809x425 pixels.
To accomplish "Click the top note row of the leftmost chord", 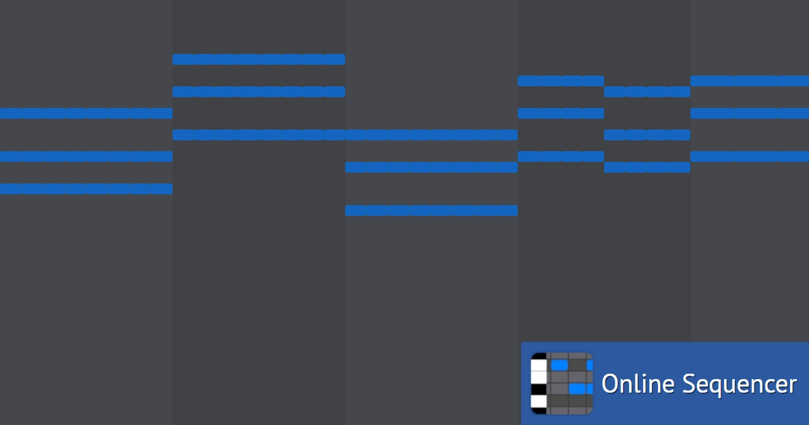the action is coord(86,113).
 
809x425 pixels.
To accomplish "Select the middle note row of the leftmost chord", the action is coord(86,157).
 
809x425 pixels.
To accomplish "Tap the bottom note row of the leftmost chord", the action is coord(86,189).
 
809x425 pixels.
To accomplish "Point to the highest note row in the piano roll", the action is coord(259,59).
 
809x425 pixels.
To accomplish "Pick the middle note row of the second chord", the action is coord(259,92).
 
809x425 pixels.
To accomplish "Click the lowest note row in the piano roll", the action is coord(431,210).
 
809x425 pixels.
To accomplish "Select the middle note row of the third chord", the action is coord(431,167).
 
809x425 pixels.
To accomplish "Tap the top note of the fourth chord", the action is coord(561,81).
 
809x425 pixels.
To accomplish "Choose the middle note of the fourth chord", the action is coord(561,113).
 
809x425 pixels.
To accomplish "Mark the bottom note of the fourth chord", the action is coord(561,157).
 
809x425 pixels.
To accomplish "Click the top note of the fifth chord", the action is coord(647,92).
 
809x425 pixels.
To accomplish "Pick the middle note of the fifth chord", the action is coord(647,135).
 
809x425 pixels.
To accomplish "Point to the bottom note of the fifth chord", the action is coord(647,167).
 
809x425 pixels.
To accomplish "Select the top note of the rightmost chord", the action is coord(750,81).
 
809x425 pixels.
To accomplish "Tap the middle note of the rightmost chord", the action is coord(750,113).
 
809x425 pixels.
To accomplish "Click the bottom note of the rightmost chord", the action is coord(750,157).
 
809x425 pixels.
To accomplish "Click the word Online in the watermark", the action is coord(638,383).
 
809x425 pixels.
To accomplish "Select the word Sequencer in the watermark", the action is coord(740,385).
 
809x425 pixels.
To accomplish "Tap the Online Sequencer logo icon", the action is coord(562,383).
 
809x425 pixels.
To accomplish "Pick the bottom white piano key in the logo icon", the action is coord(539,401).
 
